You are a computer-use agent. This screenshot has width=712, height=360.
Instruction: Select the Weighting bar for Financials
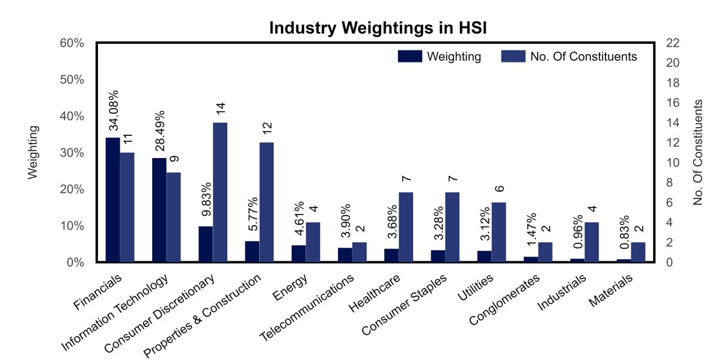(x=112, y=200)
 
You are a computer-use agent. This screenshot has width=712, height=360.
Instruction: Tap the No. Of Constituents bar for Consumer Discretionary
(x=220, y=192)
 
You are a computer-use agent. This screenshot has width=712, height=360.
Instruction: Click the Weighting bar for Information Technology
(x=159, y=210)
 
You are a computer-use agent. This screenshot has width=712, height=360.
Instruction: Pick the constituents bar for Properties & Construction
(x=266, y=202)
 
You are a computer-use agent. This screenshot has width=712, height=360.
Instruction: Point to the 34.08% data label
(x=113, y=111)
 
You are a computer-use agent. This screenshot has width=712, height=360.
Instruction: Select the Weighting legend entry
(x=440, y=56)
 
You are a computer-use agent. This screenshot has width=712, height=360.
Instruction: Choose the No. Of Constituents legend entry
(x=569, y=56)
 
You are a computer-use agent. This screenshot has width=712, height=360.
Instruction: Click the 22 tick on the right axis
(x=673, y=43)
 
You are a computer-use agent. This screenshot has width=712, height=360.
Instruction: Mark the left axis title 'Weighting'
(x=33, y=152)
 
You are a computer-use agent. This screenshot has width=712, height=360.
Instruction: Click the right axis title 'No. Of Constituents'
(x=698, y=152)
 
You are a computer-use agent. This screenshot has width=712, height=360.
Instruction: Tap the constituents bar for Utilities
(x=499, y=232)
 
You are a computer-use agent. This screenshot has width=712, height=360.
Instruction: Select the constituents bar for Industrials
(x=592, y=242)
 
